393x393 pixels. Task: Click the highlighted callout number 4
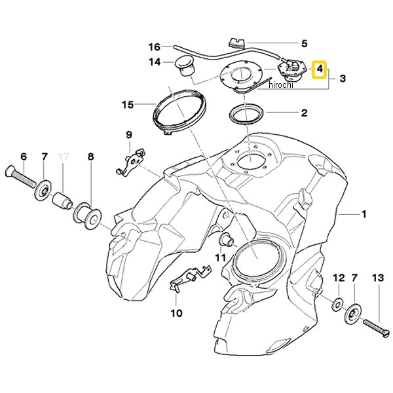(320, 69)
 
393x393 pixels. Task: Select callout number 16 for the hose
(154, 47)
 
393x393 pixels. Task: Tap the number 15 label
(128, 105)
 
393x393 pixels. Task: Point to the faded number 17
(63, 157)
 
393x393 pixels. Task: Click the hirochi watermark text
(281, 85)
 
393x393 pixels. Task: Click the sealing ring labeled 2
(246, 115)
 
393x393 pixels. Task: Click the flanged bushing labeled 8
(88, 216)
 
